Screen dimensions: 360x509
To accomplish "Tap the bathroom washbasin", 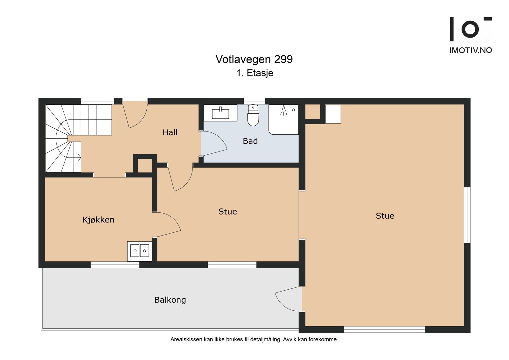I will pos(220,113).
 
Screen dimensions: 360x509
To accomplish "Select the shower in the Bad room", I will pos(284,119).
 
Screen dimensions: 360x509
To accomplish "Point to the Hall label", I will pos(170,132).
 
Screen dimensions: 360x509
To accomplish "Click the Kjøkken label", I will pos(98,220).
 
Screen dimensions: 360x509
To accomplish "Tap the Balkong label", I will pos(170,300).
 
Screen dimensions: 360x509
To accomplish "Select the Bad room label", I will pos(250,141).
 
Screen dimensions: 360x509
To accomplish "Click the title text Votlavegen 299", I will pos(254,59).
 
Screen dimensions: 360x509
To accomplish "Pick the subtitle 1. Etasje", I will pos(254,73).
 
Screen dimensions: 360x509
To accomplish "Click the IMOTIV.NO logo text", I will pos(471,50).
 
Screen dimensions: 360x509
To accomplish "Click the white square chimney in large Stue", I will pos(333,114).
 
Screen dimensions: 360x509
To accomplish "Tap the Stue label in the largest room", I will pos(385,216).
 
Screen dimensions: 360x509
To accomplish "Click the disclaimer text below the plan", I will pos(254,339).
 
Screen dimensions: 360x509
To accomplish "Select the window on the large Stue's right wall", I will pos(467,215).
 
